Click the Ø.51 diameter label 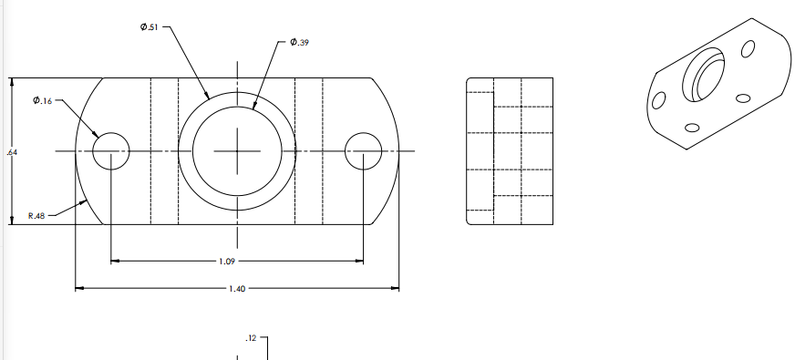[150, 26]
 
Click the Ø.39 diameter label [299, 42]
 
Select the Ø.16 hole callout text [42, 99]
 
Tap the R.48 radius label [36, 216]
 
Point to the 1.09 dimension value [229, 262]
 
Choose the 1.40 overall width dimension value [236, 289]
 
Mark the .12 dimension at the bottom [251, 339]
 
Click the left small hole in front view [110, 150]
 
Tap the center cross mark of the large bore [237, 150]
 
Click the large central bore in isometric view [706, 77]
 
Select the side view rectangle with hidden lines [510, 150]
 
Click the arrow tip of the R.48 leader [88, 201]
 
